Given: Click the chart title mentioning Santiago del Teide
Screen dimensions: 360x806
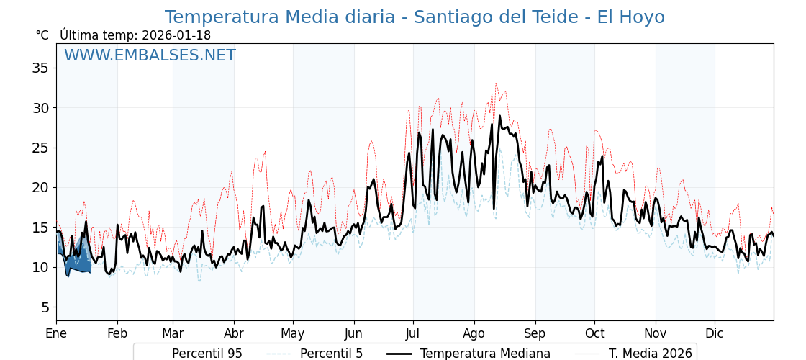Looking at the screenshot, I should coord(414,17).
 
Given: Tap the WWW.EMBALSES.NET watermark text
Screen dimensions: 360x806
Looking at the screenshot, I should coord(150,55).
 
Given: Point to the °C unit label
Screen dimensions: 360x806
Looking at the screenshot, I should coord(42,35).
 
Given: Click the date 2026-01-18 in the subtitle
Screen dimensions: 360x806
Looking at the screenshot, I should coord(176,35).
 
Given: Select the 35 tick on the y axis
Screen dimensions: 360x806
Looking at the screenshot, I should coord(40,68).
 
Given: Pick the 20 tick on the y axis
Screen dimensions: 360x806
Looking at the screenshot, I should coord(40,188).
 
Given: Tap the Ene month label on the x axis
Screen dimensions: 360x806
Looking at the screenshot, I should coord(56,334).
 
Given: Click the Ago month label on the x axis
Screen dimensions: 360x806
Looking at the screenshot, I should coord(474,334).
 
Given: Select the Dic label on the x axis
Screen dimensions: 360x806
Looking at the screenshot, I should coord(715,334).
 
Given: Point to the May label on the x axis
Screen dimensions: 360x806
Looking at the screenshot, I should coord(293,334).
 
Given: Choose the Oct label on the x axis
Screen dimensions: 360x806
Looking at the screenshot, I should coord(594,334).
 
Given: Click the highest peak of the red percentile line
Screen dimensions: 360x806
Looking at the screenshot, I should coord(495,84).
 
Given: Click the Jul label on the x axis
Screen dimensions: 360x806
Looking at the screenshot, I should coord(413,334).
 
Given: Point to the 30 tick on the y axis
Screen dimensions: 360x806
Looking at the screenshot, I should coord(40,108).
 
